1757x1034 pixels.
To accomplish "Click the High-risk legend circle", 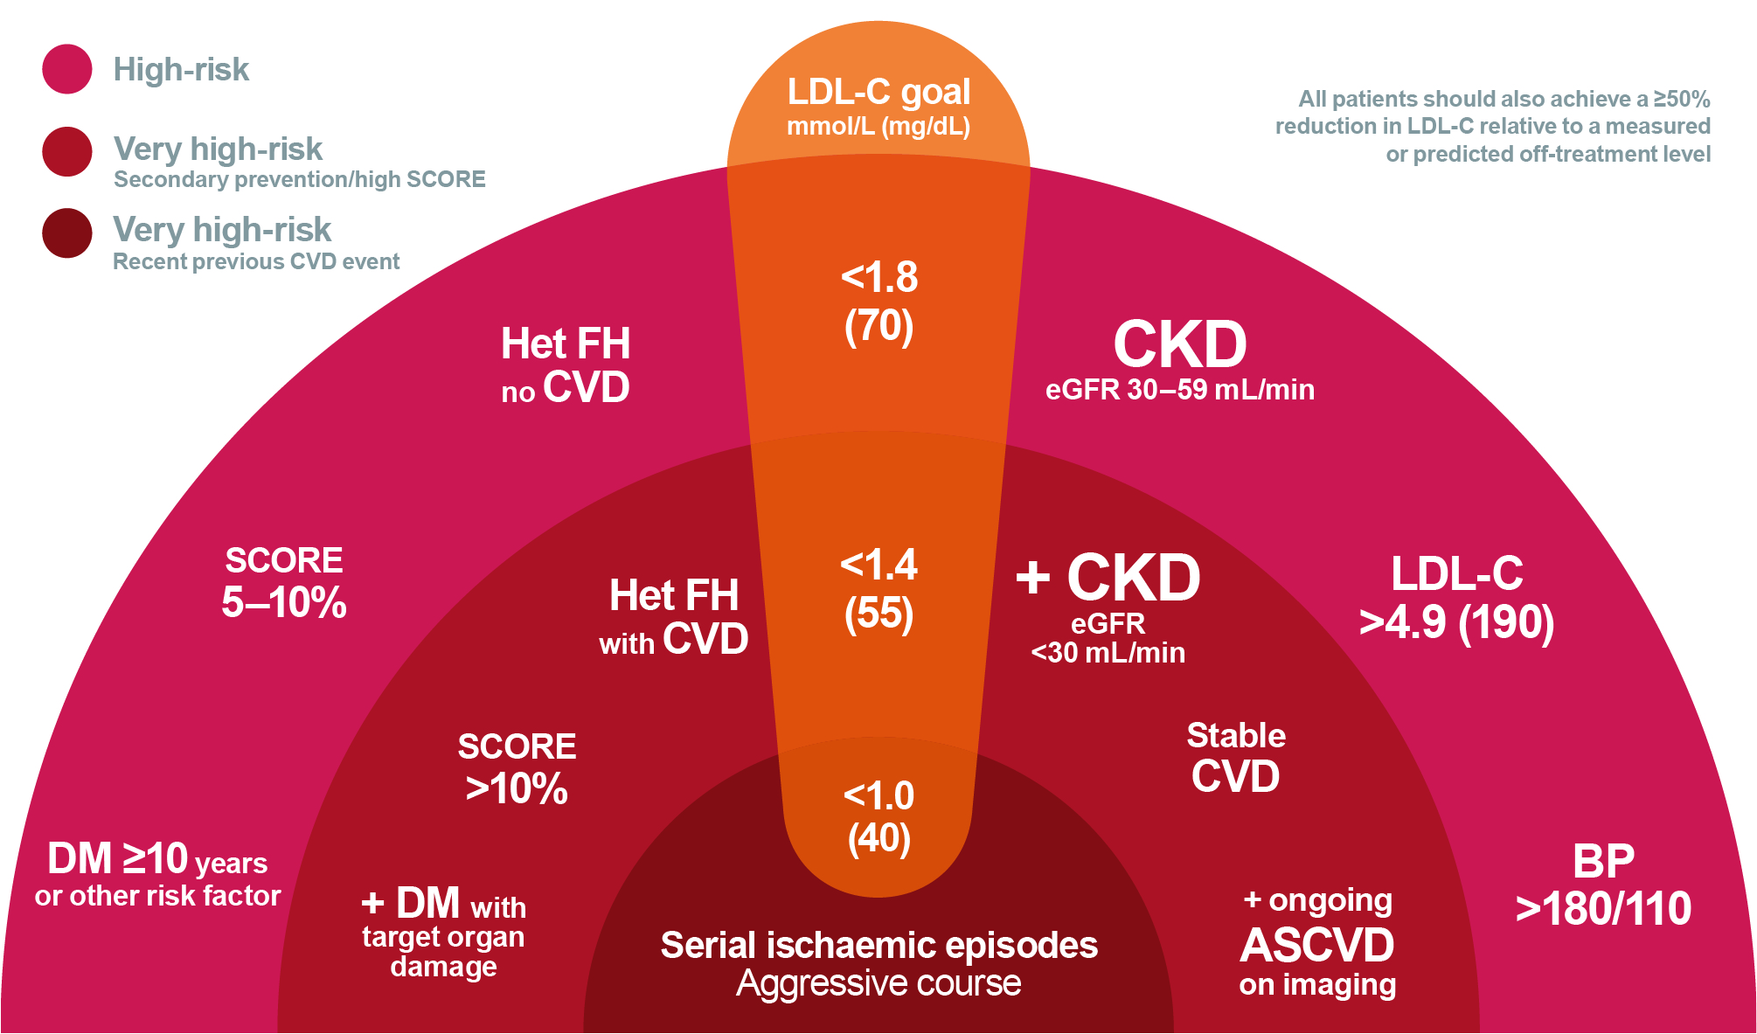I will point(67,69).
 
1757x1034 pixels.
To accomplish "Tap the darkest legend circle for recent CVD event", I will point(67,233).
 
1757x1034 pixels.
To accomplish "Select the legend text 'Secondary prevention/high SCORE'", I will point(299,179).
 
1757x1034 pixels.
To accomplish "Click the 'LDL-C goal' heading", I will point(878,92).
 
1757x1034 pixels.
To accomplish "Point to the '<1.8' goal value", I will point(878,277).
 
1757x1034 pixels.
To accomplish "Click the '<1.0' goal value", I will point(878,795).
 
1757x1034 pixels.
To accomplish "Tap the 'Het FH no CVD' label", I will point(566,365).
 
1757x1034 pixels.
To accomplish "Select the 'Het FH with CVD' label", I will point(673,617).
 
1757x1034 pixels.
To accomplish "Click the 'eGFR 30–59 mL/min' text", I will point(1179,390).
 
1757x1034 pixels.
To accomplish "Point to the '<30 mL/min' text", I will point(1108,653).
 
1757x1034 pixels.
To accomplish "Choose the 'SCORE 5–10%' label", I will point(284,582).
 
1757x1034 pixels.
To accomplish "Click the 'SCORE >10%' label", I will point(517,768).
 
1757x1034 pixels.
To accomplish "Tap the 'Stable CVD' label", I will point(1235,757).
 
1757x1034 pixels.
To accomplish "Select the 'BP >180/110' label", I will point(1603,885).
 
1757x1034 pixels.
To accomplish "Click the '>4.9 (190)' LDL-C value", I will point(1456,622).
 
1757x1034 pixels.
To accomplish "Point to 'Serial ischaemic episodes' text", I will point(878,945).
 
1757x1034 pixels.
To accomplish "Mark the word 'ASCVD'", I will point(1317,945).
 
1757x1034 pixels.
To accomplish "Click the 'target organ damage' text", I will point(443,952).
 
